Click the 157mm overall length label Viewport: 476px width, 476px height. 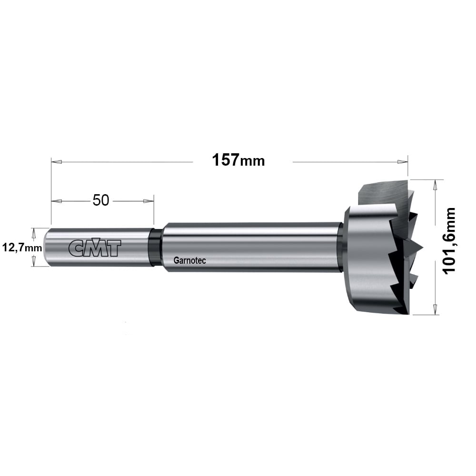click(238, 160)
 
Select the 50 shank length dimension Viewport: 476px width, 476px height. click(101, 200)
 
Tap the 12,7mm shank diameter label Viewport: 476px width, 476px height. click(22, 248)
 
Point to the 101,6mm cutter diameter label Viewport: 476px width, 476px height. click(450, 241)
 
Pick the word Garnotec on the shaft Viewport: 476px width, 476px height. click(190, 260)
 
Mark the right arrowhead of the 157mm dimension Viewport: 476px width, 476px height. click(402, 162)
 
